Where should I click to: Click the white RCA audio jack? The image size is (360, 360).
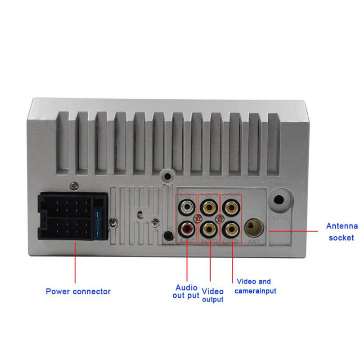187,208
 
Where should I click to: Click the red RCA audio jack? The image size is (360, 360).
187,229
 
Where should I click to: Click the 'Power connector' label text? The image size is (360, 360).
78,291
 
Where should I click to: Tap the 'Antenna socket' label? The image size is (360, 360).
342,232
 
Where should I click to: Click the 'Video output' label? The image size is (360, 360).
212,295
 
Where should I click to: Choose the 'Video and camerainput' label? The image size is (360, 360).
255,286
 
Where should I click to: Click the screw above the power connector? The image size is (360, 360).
73,184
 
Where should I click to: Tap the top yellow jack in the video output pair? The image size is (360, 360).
208,208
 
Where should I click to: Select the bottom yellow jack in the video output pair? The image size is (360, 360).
208,229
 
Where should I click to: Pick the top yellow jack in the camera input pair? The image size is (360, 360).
230,208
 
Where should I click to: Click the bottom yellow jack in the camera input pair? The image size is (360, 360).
230,229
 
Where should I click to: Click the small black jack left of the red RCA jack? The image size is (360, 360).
168,235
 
